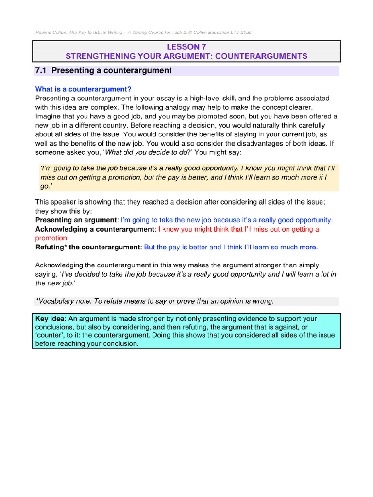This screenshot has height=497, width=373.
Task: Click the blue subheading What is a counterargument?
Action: coord(84,89)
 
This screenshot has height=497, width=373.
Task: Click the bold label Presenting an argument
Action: coord(76,220)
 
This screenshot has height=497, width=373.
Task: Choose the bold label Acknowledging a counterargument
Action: coord(96,229)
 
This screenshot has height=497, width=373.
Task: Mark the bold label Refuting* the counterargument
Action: coord(88,247)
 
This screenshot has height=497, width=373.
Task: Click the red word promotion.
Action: coord(51,238)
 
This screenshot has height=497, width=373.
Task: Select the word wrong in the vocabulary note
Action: coord(263,301)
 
